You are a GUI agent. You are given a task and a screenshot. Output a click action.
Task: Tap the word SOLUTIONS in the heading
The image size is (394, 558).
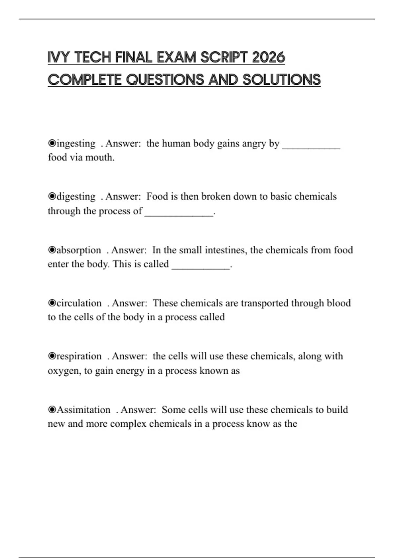pyautogui.click(x=281, y=80)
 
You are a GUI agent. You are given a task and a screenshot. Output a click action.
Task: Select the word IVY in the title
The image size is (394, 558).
pyautogui.click(x=58, y=58)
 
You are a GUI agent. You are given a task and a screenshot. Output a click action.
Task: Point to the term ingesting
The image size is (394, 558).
pyautogui.click(x=76, y=143)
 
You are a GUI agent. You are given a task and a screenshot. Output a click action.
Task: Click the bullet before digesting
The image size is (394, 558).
pyautogui.click(x=52, y=197)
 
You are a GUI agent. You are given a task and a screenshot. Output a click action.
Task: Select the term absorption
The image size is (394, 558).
pyautogui.click(x=79, y=250)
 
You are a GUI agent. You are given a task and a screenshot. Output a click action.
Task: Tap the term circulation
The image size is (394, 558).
pyautogui.click(x=79, y=303)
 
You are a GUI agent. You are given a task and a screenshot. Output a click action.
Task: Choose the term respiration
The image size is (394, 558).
pyautogui.click(x=79, y=356)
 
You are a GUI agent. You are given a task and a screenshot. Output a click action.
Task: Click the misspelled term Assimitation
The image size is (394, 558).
pyautogui.click(x=84, y=410)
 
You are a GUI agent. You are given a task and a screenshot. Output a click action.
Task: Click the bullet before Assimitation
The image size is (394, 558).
pyautogui.click(x=52, y=410)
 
